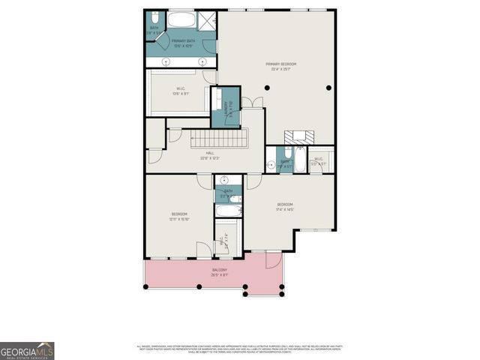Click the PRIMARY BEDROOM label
(277, 66)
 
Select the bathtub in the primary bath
(180, 19)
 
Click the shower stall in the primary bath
(208, 20)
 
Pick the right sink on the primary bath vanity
(203, 61)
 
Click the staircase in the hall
(217, 139)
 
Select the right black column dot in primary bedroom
(328, 88)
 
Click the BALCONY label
(219, 271)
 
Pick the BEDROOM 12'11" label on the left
(178, 217)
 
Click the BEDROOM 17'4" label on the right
(285, 207)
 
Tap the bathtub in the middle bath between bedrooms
(228, 211)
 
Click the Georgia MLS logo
(27, 350)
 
